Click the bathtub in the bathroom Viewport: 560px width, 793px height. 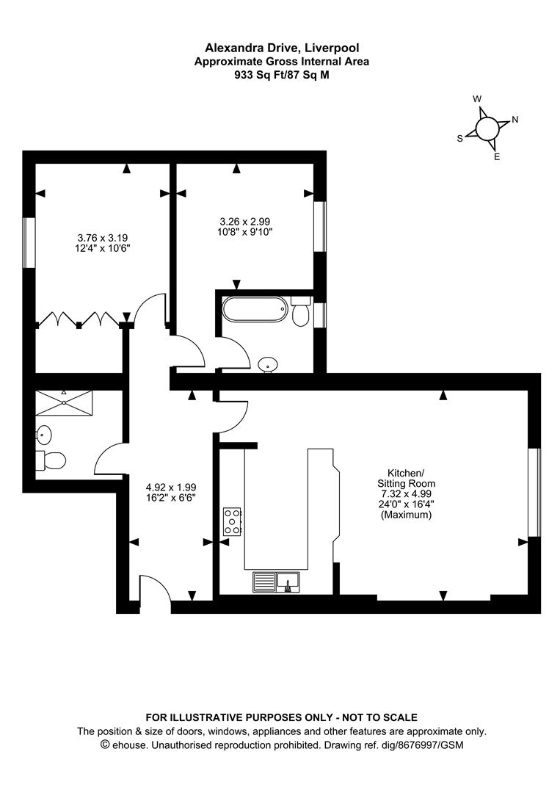coord(255,310)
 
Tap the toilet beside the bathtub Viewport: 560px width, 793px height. coord(300,311)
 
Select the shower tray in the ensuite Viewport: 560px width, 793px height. coord(64,402)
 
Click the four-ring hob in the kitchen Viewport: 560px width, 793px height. coord(233,521)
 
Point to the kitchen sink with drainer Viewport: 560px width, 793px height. coord(276,582)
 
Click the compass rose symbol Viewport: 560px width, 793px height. coord(487,128)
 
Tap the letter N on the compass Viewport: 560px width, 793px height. coord(515,120)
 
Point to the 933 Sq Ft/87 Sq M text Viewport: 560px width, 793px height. coord(282,76)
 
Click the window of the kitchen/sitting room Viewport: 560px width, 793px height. coord(534,492)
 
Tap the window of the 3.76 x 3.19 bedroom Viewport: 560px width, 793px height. coord(29,243)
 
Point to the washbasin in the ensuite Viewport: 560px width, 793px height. coord(43,434)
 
